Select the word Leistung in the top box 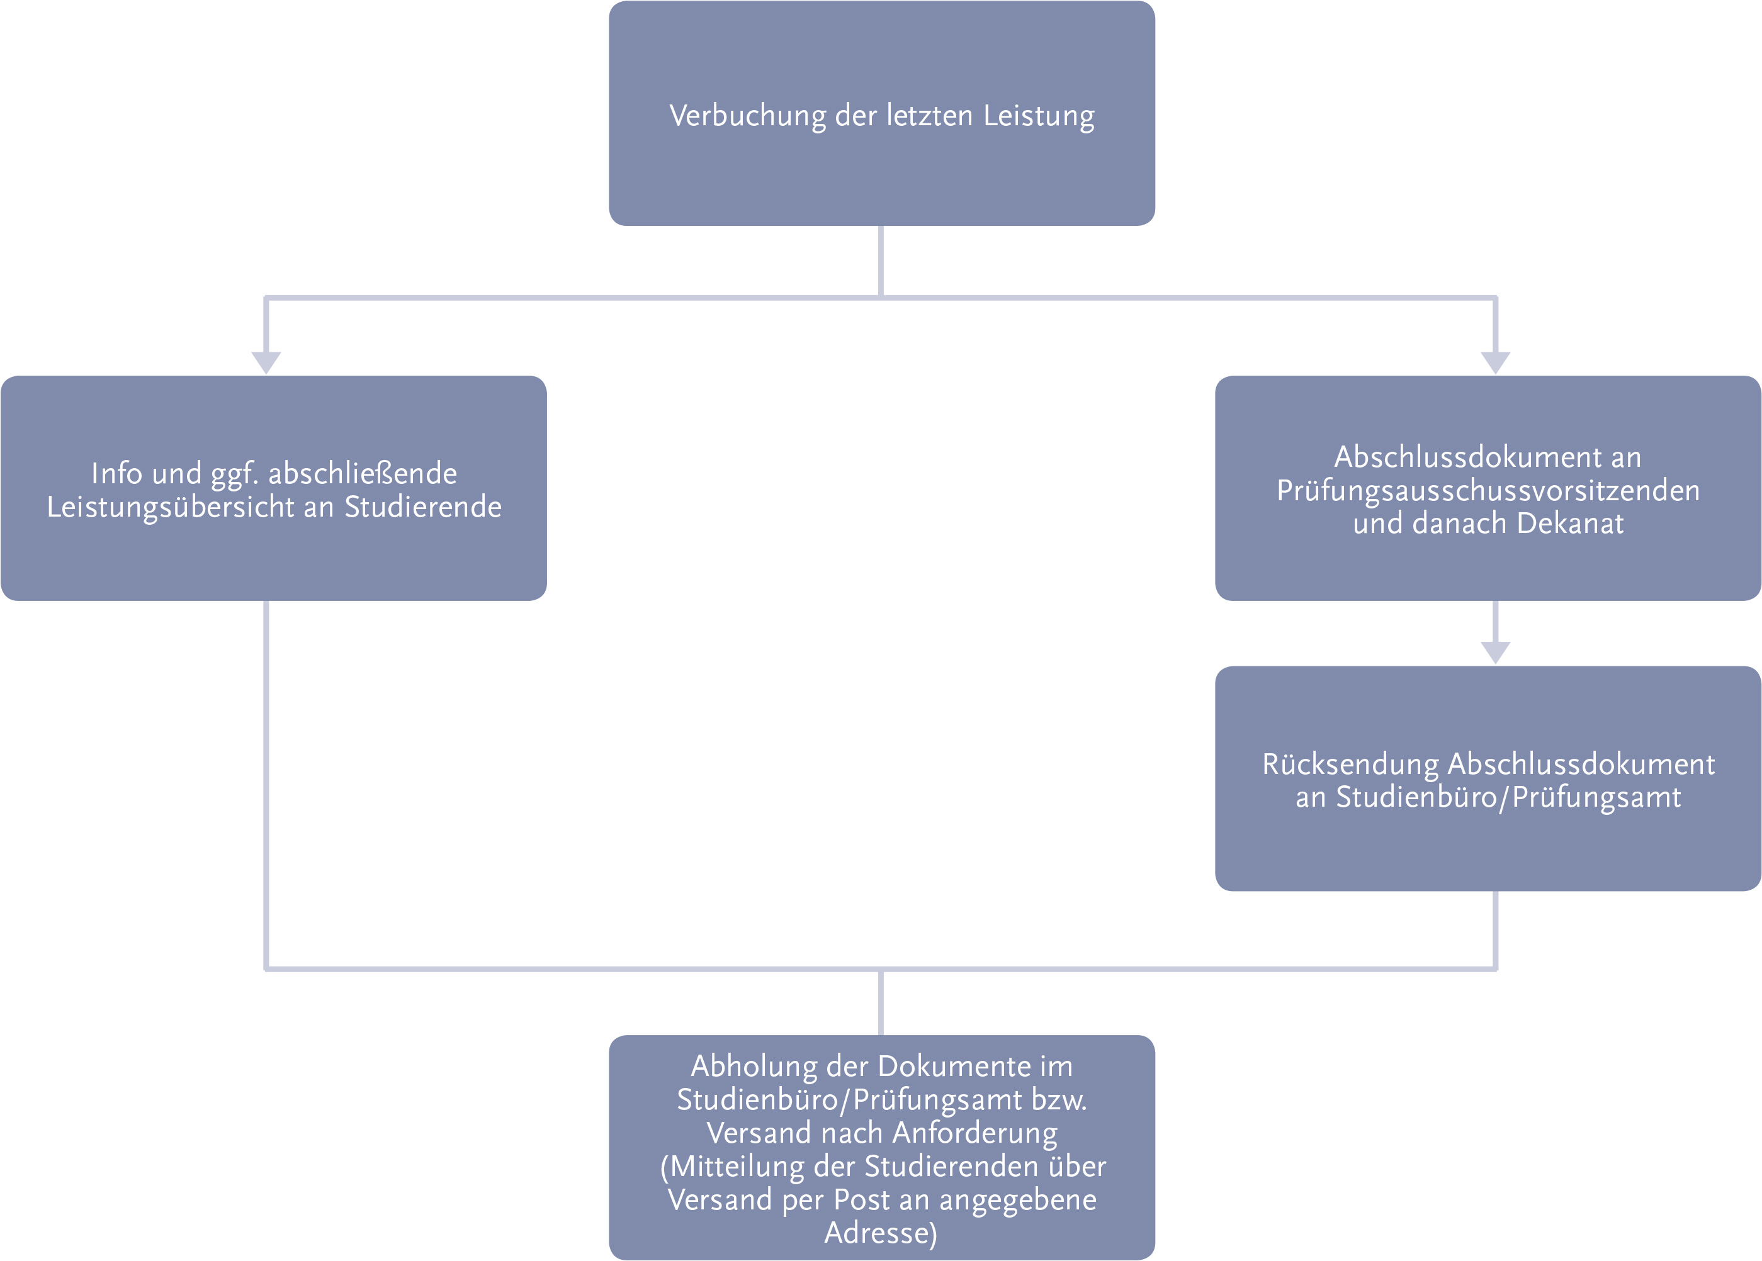pos(1039,116)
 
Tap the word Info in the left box pos(116,473)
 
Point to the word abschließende pos(362,473)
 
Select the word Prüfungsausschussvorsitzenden pos(1488,491)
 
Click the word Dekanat pos(1569,524)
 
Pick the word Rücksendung pos(1350,764)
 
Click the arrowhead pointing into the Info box pos(266,362)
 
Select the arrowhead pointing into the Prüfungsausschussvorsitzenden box pos(1494,362)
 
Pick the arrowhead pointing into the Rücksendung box pos(1494,653)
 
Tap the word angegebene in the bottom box pos(1018,1200)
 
